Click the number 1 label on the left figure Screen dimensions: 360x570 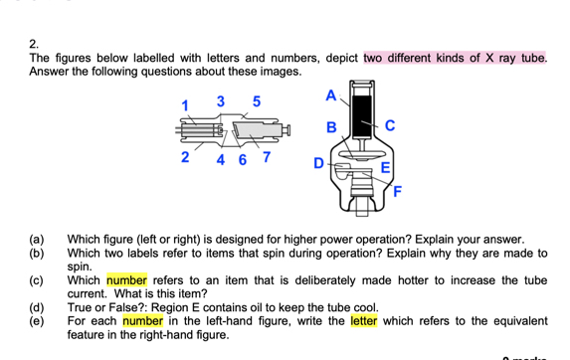pos(184,105)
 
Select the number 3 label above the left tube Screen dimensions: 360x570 pos(222,101)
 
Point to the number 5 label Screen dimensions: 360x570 pos(257,101)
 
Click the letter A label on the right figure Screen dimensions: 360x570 pos(330,95)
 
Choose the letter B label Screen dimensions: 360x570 pos(332,126)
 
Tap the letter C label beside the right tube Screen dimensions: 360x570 pos(390,125)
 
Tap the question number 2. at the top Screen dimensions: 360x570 pos(35,44)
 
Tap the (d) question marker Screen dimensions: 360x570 pos(37,308)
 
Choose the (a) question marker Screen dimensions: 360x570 pos(37,241)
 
